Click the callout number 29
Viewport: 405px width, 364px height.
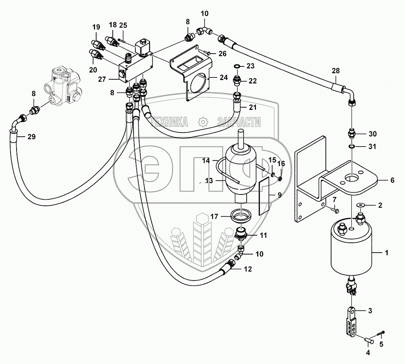tap(32, 137)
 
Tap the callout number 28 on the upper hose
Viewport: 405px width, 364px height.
tap(336, 71)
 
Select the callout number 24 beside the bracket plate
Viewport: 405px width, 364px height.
tap(224, 77)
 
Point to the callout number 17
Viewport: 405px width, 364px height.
tap(214, 216)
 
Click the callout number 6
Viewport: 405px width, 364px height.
tap(392, 180)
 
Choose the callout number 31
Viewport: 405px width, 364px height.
tap(372, 147)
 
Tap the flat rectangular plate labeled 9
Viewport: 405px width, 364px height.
tap(264, 197)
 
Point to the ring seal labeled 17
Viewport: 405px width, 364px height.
tap(241, 215)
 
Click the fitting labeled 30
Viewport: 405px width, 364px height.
tap(352, 134)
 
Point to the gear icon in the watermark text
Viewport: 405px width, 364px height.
tap(203, 122)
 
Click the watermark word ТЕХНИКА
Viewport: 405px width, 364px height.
tap(170, 122)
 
